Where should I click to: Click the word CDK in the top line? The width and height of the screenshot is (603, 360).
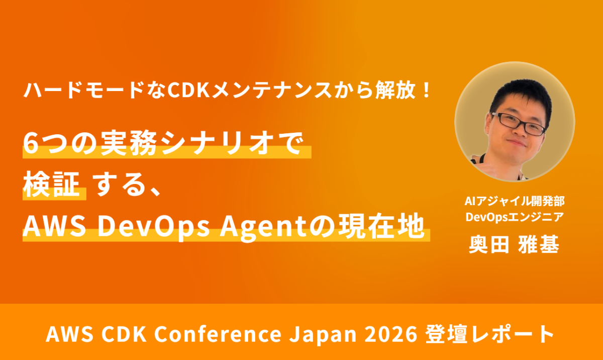(188, 91)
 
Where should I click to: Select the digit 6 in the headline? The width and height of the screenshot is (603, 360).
(31, 144)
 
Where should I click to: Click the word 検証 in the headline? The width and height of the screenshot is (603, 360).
(51, 185)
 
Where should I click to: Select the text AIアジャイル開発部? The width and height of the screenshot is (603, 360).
(515, 201)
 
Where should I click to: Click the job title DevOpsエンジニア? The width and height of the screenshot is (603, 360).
(515, 217)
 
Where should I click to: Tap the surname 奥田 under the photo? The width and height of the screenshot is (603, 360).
(489, 244)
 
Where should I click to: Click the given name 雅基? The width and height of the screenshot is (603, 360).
(539, 244)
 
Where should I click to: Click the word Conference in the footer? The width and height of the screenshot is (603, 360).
(218, 334)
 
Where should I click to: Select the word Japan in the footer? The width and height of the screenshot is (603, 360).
(323, 335)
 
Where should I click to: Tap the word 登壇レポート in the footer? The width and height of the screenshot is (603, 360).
(489, 334)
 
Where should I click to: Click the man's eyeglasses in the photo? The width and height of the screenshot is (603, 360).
(518, 124)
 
